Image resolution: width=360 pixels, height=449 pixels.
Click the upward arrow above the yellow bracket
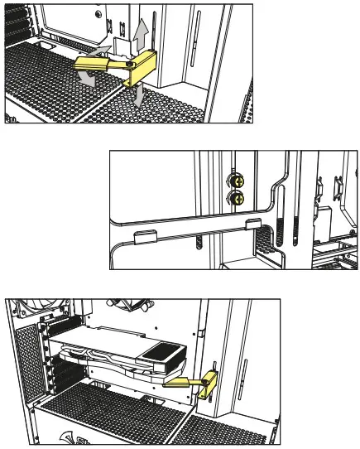pyautogui.click(x=142, y=34)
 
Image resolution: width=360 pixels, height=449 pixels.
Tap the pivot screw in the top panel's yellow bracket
pyautogui.click(x=131, y=63)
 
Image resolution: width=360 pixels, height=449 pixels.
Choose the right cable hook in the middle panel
pyautogui.click(x=253, y=224)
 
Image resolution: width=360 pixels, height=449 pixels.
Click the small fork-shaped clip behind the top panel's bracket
pyautogui.click(x=122, y=41)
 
